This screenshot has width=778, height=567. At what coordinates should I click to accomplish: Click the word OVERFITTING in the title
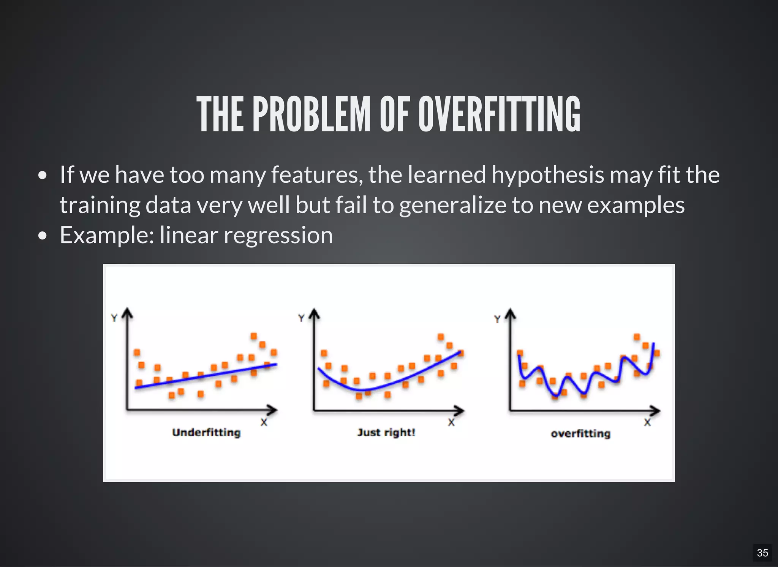499,114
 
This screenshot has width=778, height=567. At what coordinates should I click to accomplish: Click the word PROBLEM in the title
312,114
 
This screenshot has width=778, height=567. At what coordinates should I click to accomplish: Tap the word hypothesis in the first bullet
548,175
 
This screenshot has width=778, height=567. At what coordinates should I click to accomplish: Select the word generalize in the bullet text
452,205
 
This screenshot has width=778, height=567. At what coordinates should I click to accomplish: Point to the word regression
278,235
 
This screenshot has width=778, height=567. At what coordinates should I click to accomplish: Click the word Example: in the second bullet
107,235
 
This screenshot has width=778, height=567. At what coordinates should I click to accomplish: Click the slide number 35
762,553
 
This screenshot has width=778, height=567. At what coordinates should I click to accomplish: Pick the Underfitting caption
206,432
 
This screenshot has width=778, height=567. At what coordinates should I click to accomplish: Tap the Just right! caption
386,432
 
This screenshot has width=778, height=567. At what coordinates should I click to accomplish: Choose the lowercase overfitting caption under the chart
580,434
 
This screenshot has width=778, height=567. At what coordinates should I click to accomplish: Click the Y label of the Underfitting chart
114,318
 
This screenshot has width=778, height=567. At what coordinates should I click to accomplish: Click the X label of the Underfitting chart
264,422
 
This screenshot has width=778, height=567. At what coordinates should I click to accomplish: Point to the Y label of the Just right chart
301,318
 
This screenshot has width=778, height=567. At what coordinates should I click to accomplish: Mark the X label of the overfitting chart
647,422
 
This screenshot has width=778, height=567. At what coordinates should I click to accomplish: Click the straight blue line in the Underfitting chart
205,376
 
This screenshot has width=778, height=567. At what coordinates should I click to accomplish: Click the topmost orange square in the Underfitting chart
254,336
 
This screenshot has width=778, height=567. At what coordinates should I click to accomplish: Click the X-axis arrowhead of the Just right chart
460,410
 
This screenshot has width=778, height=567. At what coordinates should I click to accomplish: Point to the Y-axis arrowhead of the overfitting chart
511,313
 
